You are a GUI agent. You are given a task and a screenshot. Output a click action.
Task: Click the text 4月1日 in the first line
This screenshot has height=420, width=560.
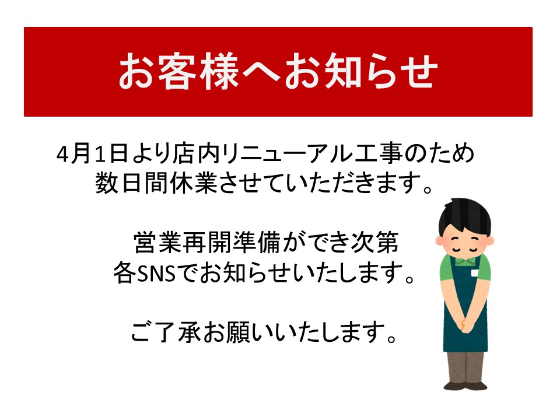[92, 154]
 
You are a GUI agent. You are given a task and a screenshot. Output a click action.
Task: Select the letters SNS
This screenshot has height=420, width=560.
[156, 274]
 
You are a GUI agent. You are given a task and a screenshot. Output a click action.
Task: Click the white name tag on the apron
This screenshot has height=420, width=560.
[475, 274]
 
